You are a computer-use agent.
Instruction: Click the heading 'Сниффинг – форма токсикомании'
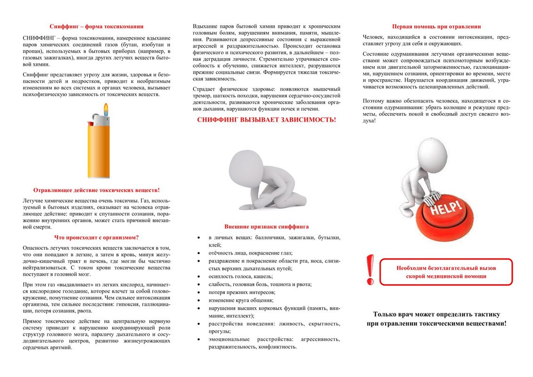click(97, 26)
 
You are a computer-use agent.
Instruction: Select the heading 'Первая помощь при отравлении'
click(436, 26)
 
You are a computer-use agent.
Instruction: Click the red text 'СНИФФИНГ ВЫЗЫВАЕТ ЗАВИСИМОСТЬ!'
click(267, 120)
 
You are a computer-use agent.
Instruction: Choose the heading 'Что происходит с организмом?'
click(97, 237)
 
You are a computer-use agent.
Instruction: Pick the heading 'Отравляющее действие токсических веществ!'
click(97, 190)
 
